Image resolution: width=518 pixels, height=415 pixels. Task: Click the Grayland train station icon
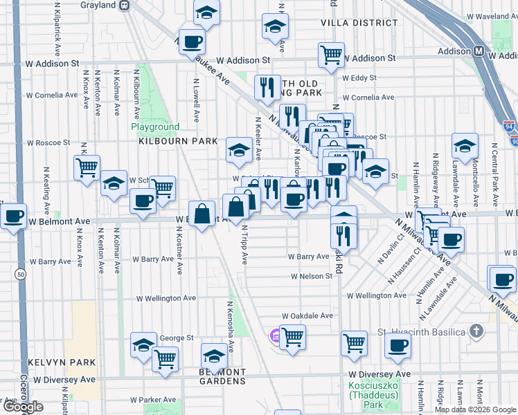coord(125,5)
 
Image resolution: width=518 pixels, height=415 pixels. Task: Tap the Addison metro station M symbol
coord(479,52)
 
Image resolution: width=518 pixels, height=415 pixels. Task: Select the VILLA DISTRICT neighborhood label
coord(350,23)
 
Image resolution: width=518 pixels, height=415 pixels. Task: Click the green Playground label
coord(155,127)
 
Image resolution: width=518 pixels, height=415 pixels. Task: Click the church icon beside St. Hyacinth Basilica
coord(476,331)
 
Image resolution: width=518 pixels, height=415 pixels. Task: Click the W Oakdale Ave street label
coord(307,315)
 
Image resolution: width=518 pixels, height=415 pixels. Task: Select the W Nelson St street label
coord(312,276)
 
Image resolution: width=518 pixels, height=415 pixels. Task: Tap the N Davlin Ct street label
coord(400,247)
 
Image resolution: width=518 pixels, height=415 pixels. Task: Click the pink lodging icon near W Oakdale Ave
coord(274,336)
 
